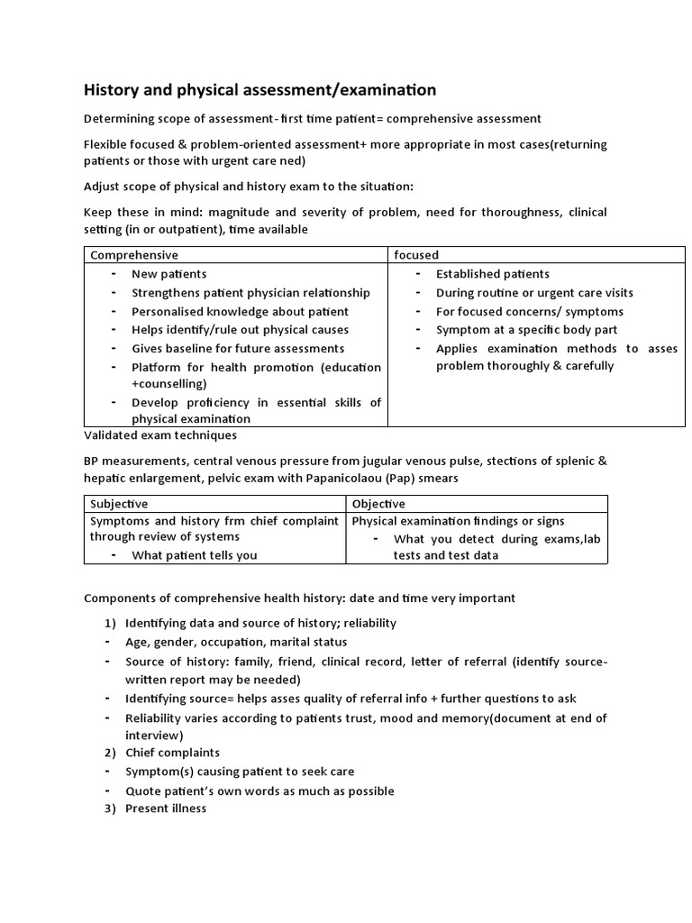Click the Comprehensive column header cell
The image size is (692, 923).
pyautogui.click(x=131, y=255)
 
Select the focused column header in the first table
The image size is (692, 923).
pyautogui.click(x=415, y=255)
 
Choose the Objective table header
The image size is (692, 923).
pyautogui.click(x=378, y=504)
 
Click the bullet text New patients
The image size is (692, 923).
pyautogui.click(x=168, y=274)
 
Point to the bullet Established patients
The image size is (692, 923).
pyautogui.click(x=492, y=274)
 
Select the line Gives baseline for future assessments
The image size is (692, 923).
pyautogui.click(x=238, y=348)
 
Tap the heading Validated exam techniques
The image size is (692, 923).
pyautogui.click(x=160, y=435)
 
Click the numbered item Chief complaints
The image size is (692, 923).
pyautogui.click(x=172, y=753)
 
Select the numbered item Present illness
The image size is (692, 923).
pyautogui.click(x=166, y=809)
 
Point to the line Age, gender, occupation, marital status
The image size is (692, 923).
pyautogui.click(x=236, y=642)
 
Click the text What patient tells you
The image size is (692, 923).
pyautogui.click(x=194, y=555)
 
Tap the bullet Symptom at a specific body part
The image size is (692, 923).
pyautogui.click(x=526, y=330)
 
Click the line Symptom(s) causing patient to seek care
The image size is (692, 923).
pyautogui.click(x=240, y=772)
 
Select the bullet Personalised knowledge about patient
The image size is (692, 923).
pyautogui.click(x=240, y=311)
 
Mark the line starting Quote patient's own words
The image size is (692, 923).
pyautogui.click(x=259, y=790)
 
